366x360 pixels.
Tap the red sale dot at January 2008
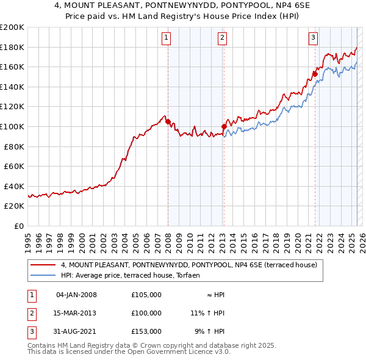(168, 121)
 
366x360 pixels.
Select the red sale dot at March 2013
(224, 127)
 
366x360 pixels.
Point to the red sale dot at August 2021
(315, 74)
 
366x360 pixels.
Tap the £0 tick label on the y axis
(18, 226)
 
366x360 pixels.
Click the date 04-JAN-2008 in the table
(76, 295)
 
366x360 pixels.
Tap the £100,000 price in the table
(146, 313)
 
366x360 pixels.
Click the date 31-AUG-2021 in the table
(76, 331)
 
